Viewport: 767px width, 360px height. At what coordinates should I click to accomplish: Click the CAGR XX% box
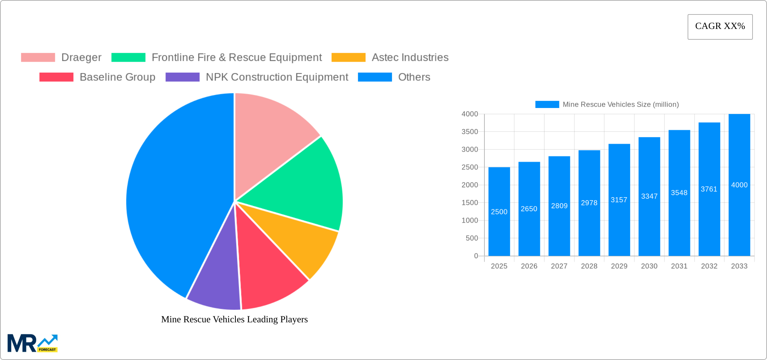(x=720, y=27)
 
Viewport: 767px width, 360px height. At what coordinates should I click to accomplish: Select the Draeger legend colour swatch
(x=38, y=58)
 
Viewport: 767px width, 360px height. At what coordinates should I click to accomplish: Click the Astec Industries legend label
(x=410, y=58)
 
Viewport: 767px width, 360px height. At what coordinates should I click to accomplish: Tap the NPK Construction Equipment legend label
(x=277, y=77)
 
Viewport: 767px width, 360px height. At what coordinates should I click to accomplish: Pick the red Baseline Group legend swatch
(x=56, y=77)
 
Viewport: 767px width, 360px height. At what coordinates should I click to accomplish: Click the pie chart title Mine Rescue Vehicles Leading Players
(x=234, y=319)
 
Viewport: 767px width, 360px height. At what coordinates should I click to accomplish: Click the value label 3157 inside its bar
(x=619, y=200)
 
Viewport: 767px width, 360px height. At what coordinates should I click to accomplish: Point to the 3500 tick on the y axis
(x=470, y=132)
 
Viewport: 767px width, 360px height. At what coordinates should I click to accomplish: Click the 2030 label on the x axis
(x=649, y=266)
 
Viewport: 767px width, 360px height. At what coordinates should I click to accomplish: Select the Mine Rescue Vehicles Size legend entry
(x=607, y=105)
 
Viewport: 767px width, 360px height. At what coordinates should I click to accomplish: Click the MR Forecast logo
(x=33, y=343)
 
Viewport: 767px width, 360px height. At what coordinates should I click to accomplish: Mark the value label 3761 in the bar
(x=709, y=189)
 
